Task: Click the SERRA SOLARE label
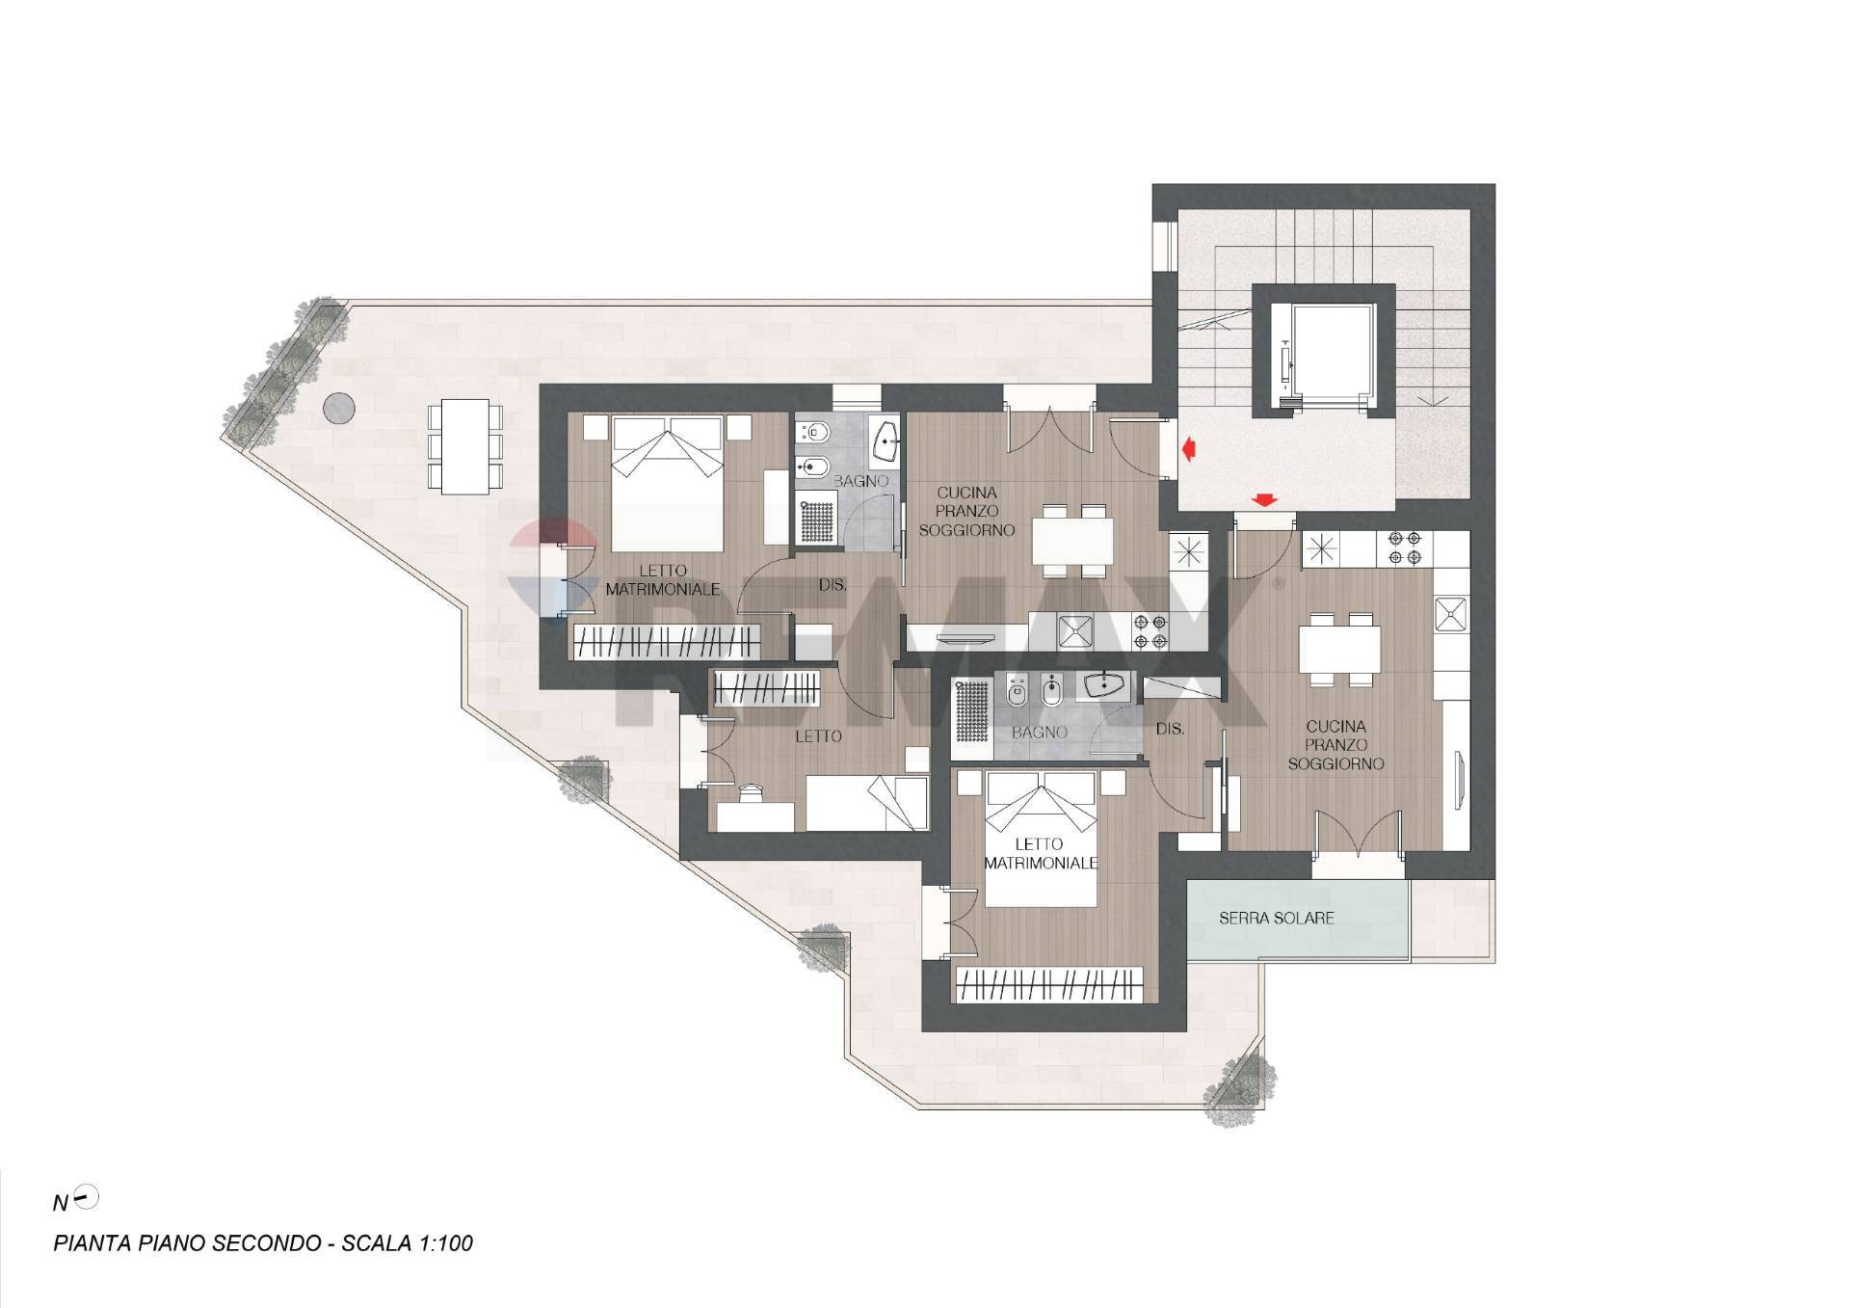pos(1276,918)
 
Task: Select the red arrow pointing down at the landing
pos(1263,499)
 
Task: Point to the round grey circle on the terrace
pos(338,408)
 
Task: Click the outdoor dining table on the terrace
pos(465,447)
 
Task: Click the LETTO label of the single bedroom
pos(818,736)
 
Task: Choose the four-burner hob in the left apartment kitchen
pos(1151,630)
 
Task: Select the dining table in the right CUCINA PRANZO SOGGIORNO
pos(1338,649)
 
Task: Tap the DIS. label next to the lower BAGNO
pos(1169,730)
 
